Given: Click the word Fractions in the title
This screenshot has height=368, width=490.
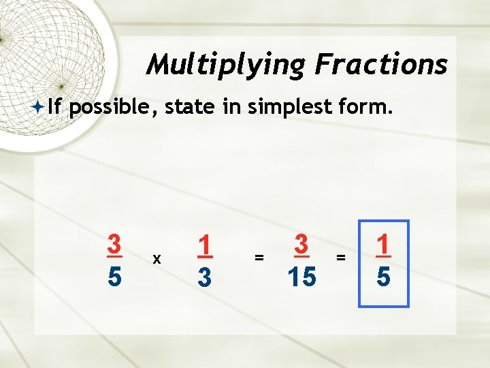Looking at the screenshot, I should tap(381, 64).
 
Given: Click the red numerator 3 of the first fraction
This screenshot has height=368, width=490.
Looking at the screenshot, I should tap(114, 244).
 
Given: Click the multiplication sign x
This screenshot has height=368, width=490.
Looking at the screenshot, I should tap(157, 259).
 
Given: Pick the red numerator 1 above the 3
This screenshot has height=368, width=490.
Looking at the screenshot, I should tap(203, 244).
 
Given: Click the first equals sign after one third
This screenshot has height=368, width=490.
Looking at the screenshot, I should tap(259, 258).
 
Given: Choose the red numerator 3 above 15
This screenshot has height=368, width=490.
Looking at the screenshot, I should tap(301, 244).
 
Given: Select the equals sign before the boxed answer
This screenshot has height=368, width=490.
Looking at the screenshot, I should tap(341, 258).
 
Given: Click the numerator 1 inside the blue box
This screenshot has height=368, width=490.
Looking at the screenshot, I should tap(383, 244).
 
